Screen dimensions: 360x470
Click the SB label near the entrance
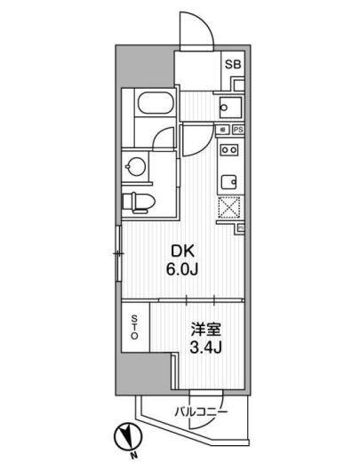point(233,65)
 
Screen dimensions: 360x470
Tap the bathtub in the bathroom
point(155,103)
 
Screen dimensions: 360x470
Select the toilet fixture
point(139,203)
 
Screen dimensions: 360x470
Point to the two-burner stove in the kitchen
point(229,149)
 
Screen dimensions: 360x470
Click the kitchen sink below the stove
point(229,182)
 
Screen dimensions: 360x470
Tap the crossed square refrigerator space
point(229,207)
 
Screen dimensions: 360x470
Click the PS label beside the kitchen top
point(238,130)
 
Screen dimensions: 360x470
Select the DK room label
point(182,251)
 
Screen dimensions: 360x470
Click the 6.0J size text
point(182,271)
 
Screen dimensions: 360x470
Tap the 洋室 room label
point(206,330)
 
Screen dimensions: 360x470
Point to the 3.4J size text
point(206,348)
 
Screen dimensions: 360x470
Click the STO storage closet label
point(135,327)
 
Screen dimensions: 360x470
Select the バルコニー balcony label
point(201,411)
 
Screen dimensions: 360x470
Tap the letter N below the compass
point(133,457)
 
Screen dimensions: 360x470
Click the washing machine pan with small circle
point(230,108)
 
